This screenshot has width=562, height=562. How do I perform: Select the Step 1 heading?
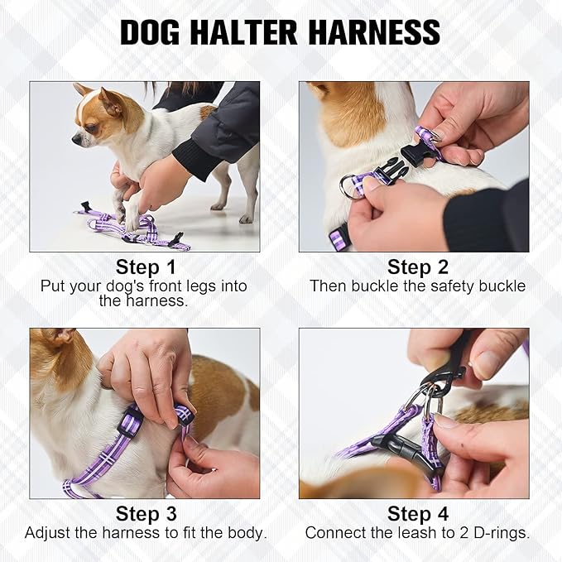tap(145, 267)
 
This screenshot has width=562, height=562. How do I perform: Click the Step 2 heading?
tap(417, 267)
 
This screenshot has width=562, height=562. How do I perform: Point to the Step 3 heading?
tap(145, 514)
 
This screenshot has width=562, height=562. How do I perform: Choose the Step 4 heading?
tap(417, 514)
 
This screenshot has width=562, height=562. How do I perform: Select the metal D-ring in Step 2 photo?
tap(350, 186)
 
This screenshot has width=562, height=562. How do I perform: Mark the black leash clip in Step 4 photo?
tap(435, 377)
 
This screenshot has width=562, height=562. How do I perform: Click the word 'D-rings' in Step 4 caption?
tap(502, 533)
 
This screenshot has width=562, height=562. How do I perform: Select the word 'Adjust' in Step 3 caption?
tap(48, 533)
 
